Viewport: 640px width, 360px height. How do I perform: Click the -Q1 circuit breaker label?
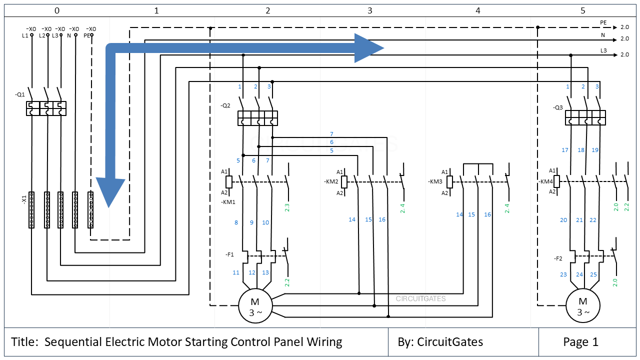point(20,94)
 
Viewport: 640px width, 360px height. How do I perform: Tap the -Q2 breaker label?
point(225,105)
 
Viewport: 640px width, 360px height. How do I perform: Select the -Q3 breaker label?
point(558,107)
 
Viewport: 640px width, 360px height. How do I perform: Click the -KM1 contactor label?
point(228,202)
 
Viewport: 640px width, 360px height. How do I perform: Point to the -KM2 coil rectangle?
point(344,181)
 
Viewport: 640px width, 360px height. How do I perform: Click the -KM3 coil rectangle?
point(449,181)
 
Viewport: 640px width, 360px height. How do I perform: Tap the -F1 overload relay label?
point(229,254)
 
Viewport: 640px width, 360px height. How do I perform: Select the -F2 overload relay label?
point(558,258)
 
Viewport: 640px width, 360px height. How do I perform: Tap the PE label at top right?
point(603,22)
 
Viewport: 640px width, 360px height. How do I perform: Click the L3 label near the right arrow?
point(603,50)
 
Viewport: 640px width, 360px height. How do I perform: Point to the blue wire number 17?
point(565,150)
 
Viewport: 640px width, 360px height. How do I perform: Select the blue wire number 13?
point(265,272)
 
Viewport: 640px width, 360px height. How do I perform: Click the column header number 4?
point(478,10)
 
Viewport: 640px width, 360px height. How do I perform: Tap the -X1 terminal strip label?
point(23,199)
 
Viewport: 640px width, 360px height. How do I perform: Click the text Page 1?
point(580,342)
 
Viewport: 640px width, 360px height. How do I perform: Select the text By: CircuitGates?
point(440,342)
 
